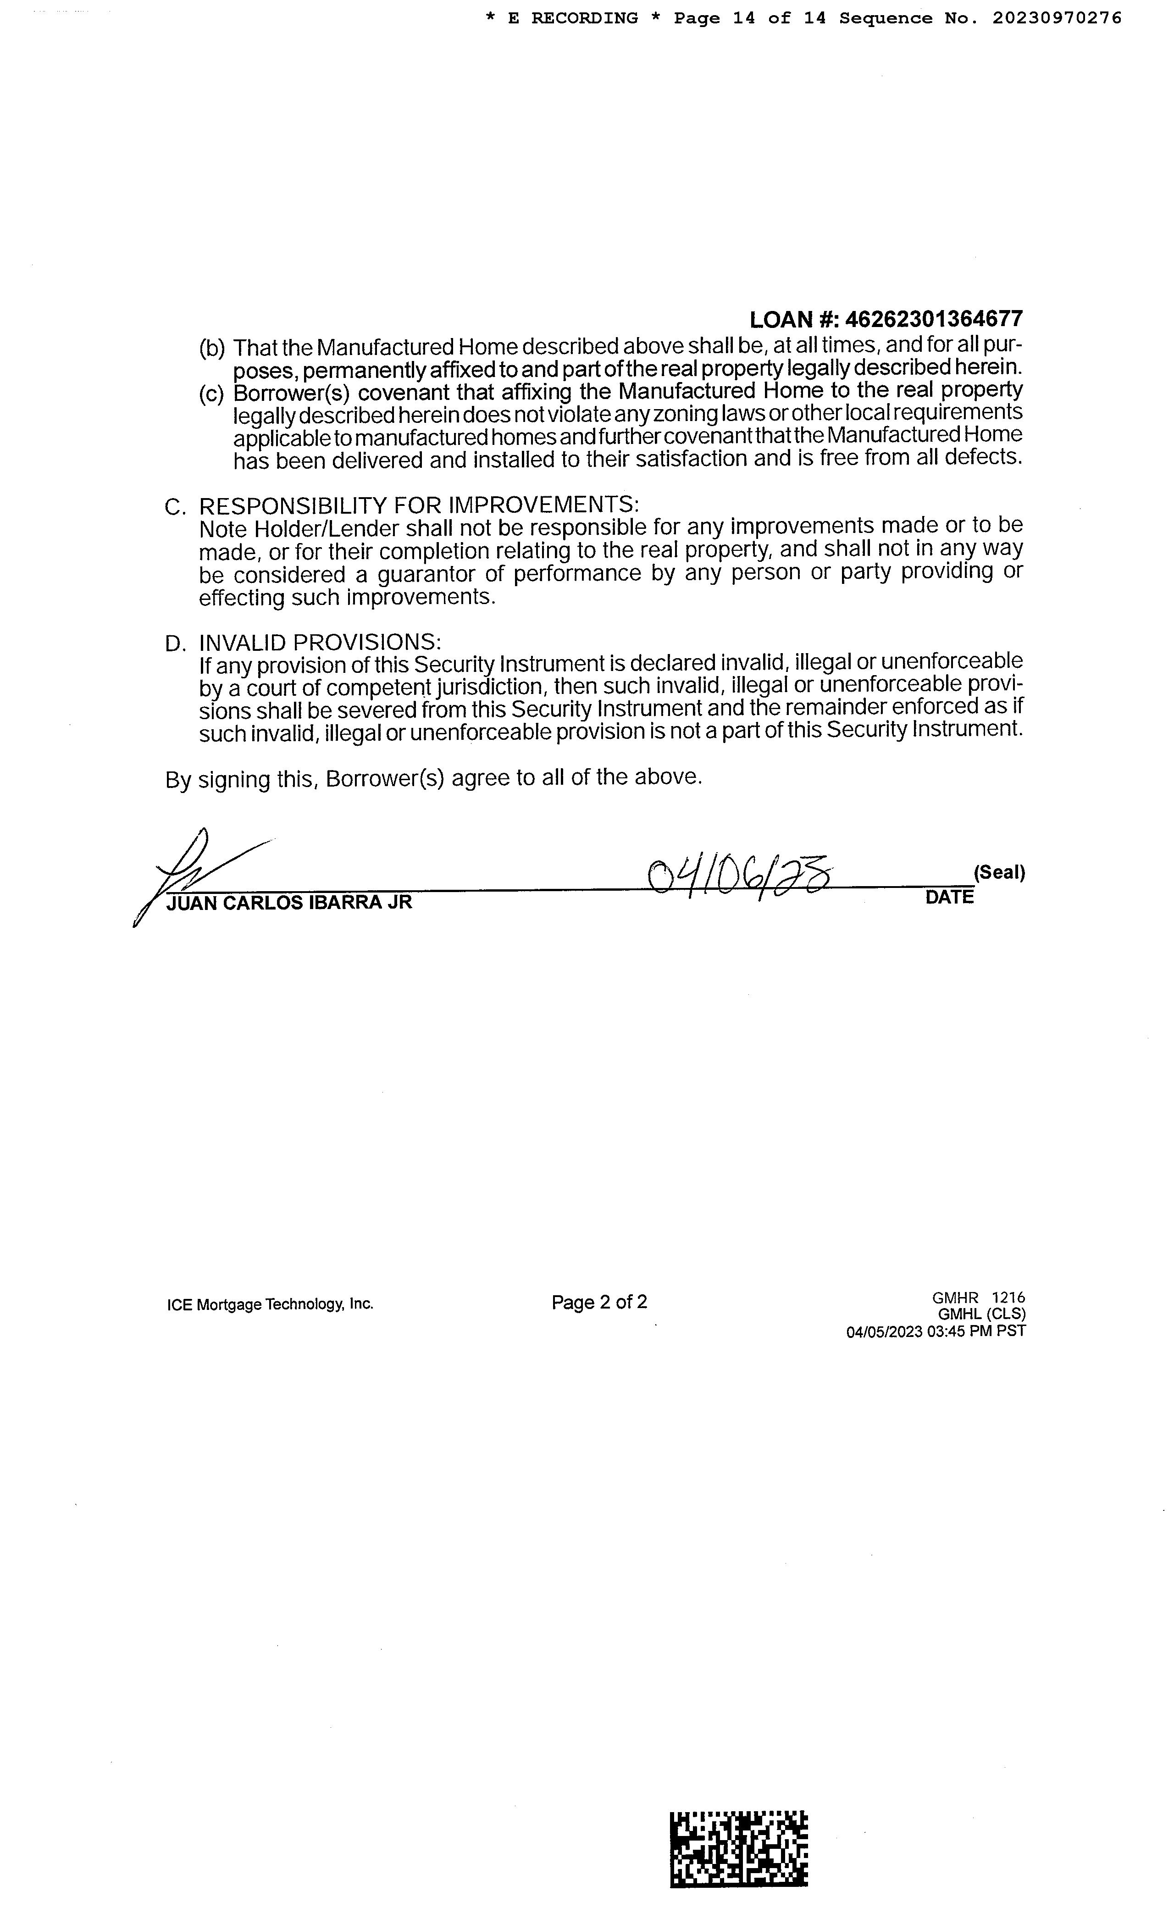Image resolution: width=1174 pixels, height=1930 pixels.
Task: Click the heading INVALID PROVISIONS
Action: point(320,642)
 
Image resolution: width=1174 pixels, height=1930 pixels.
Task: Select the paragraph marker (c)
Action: point(211,394)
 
